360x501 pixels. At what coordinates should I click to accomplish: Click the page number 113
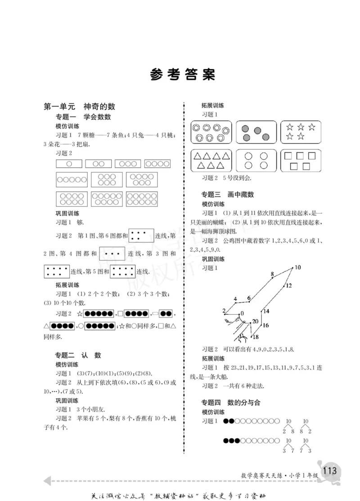click(329, 470)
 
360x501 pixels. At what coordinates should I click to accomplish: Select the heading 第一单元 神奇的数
click(79, 107)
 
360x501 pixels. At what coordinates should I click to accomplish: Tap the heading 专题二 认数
click(78, 355)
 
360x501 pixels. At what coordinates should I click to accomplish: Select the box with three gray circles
click(256, 132)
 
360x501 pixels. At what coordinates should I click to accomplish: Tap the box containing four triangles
click(211, 161)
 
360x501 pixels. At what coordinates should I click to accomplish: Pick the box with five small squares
click(301, 161)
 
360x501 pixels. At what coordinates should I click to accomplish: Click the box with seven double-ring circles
click(211, 132)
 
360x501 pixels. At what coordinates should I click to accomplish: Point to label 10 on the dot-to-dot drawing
click(297, 268)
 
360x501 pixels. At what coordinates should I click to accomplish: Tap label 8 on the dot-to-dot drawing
click(272, 274)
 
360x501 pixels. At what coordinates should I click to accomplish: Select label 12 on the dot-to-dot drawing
click(288, 285)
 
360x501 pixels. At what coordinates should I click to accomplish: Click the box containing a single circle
click(69, 164)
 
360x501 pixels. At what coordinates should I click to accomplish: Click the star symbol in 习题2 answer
click(80, 313)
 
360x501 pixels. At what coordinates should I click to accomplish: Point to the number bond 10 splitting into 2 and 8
click(288, 425)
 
